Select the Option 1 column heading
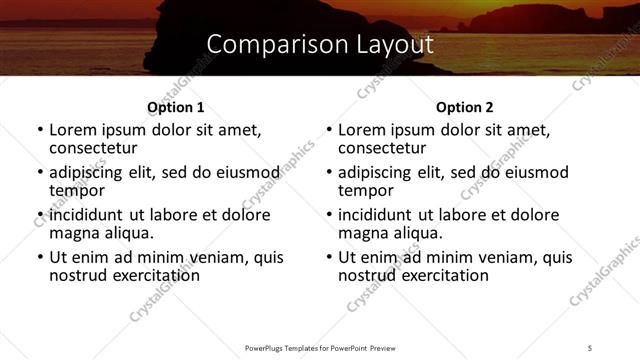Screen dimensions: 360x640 pyautogui.click(x=175, y=107)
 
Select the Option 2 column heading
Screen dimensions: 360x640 pyautogui.click(x=465, y=107)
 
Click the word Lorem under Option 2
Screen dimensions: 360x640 pyautogui.click(x=363, y=130)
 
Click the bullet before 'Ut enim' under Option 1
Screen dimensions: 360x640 pyautogui.click(x=39, y=257)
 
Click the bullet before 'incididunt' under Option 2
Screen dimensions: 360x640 pyautogui.click(x=329, y=215)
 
